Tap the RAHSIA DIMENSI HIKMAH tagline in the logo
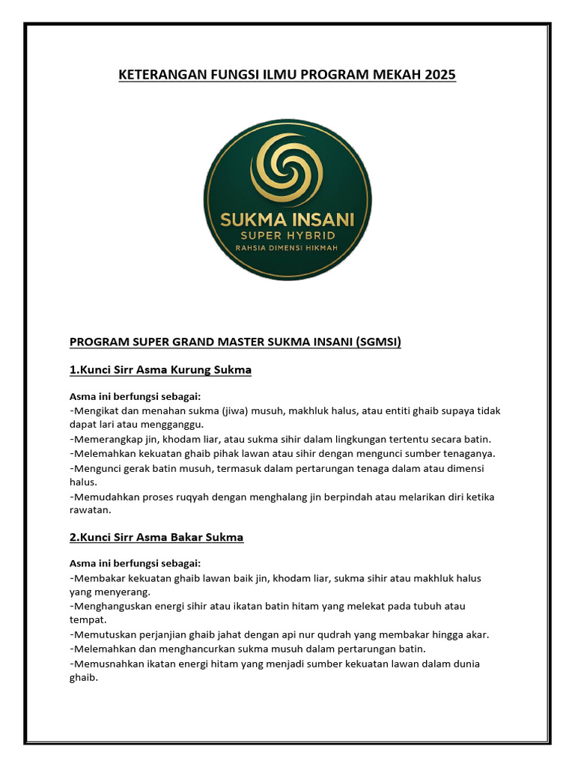(x=288, y=249)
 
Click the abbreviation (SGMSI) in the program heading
(x=371, y=342)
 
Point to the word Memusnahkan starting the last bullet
(x=103, y=664)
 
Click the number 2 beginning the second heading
(x=73, y=537)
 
